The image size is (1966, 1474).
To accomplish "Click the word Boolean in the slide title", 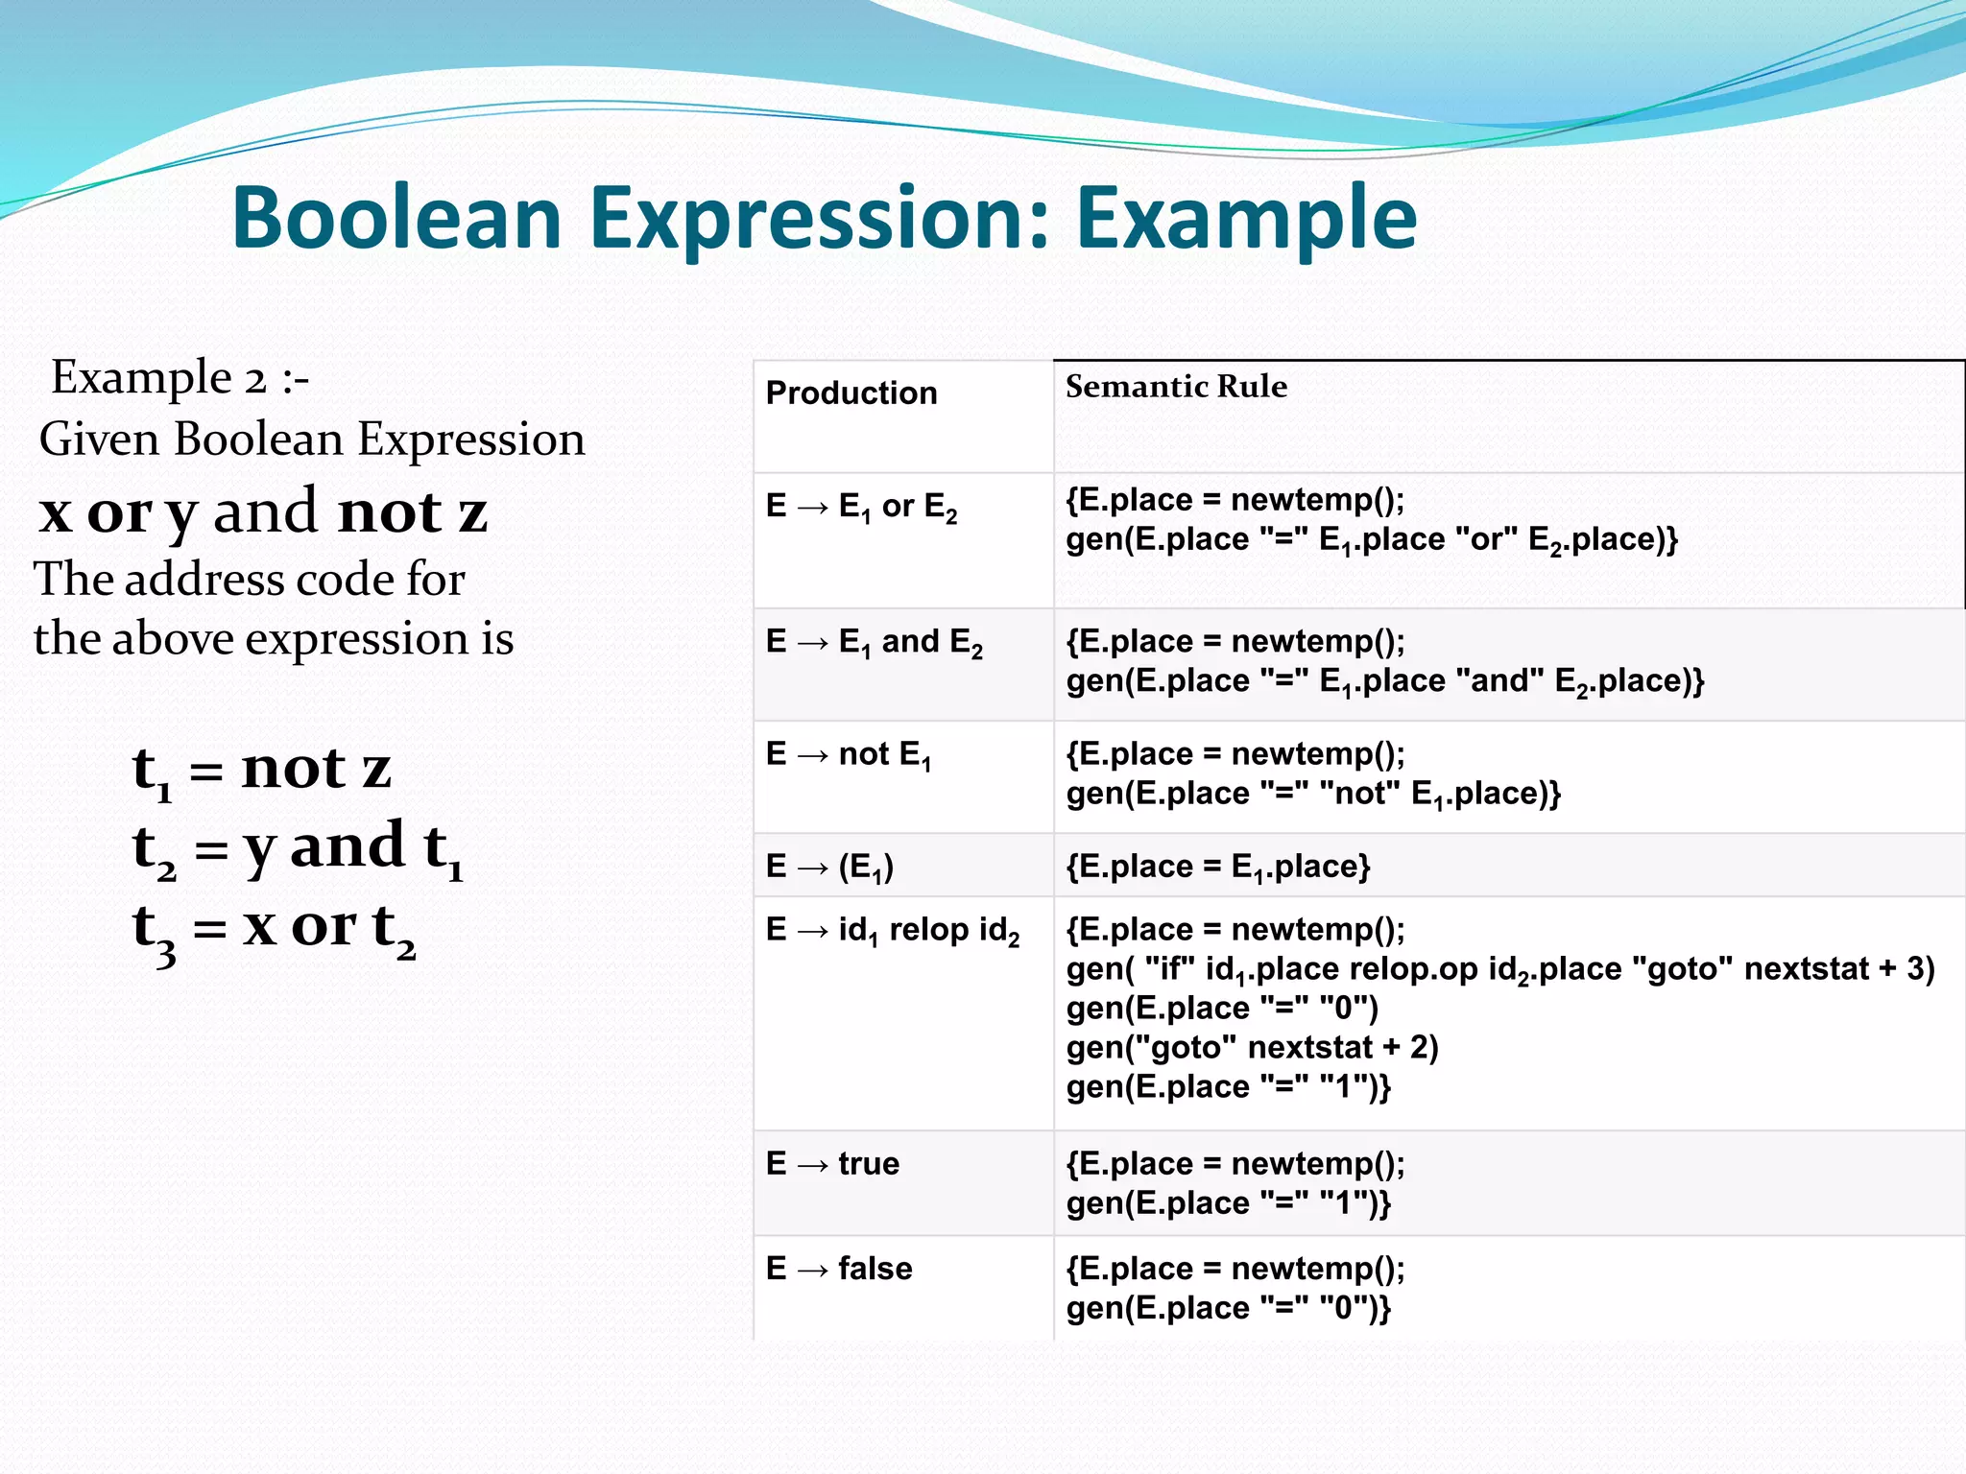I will (x=396, y=219).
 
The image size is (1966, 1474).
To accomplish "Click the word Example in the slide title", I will (x=1245, y=219).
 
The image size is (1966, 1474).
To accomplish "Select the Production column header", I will (x=851, y=393).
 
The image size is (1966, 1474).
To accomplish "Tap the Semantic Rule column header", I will (x=1176, y=387).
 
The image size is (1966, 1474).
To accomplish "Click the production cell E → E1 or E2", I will (x=861, y=507).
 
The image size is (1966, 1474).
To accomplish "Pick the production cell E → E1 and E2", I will (x=874, y=642).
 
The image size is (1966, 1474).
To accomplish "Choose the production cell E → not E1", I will (x=849, y=755).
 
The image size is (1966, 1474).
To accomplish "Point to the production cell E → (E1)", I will (x=829, y=868).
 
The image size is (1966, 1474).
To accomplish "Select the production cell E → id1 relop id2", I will (x=893, y=931).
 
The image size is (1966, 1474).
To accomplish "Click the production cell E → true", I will (x=832, y=1164).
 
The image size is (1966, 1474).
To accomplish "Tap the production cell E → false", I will (x=839, y=1269).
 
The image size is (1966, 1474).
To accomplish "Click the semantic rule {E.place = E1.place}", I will (x=1218, y=868).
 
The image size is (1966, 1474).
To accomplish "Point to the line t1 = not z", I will (x=262, y=771).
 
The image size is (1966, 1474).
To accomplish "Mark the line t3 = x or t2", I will (x=275, y=929).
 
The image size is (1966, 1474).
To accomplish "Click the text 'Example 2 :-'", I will (x=180, y=377).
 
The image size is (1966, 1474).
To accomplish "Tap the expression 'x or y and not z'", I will (x=263, y=511).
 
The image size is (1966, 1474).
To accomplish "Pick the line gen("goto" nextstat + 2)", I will (x=1252, y=1048).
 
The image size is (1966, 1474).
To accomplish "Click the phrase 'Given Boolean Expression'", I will (x=312, y=440).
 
